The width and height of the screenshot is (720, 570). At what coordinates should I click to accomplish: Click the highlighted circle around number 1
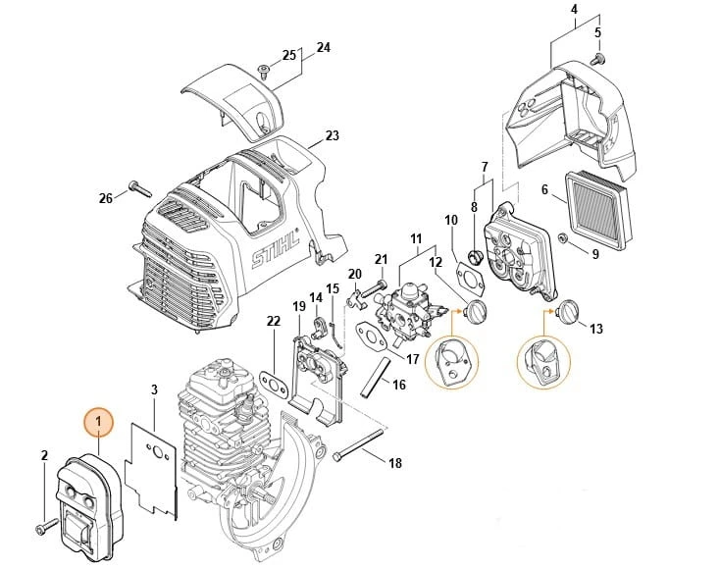pos(98,422)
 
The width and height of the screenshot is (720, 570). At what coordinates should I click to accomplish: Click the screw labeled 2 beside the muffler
pos(46,527)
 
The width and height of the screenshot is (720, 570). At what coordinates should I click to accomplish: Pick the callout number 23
pos(332,135)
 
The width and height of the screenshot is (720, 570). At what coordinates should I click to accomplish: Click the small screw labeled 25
pos(264,71)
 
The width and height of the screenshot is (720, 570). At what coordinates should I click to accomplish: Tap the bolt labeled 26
pos(140,187)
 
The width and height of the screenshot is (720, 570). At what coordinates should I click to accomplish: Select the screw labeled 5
pos(597,59)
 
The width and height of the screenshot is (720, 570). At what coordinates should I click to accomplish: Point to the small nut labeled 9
pos(561,238)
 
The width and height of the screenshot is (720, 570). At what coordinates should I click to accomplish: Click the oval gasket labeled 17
pos(371,337)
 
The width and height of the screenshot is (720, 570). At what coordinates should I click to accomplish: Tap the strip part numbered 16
pos(375,378)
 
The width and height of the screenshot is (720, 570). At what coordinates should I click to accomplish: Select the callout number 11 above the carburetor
pos(416,238)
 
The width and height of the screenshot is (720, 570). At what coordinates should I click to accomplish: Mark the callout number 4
pos(575,9)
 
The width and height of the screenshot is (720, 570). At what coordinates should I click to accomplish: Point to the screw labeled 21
pos(373,288)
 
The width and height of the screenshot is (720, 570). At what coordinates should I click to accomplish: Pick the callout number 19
pos(299,306)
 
